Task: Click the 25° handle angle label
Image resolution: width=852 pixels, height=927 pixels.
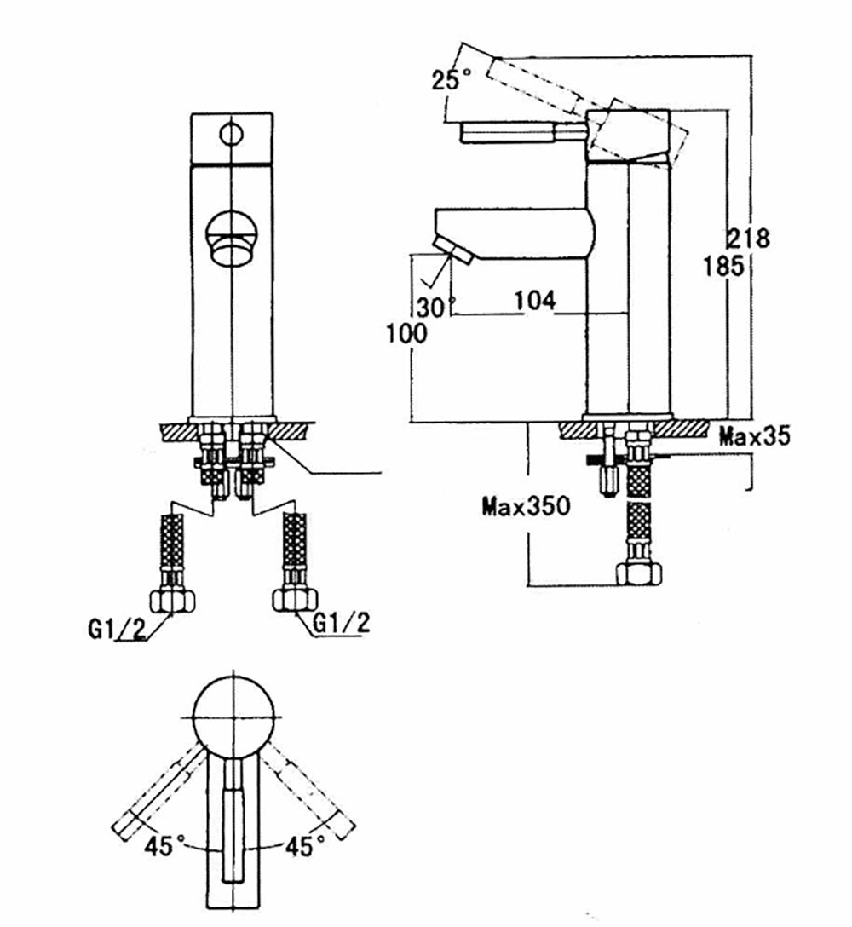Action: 451,81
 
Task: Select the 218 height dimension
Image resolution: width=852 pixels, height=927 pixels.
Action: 748,238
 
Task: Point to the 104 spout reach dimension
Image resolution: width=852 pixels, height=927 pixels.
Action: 534,300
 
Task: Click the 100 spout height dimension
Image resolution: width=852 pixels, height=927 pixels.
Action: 406,333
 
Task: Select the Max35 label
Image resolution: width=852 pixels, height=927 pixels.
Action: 754,438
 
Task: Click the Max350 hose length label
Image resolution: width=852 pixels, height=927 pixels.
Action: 525,508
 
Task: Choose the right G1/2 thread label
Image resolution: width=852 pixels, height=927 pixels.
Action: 342,624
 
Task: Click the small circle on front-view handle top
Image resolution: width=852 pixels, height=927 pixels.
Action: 231,133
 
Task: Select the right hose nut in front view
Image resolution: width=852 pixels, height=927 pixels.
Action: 292,600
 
